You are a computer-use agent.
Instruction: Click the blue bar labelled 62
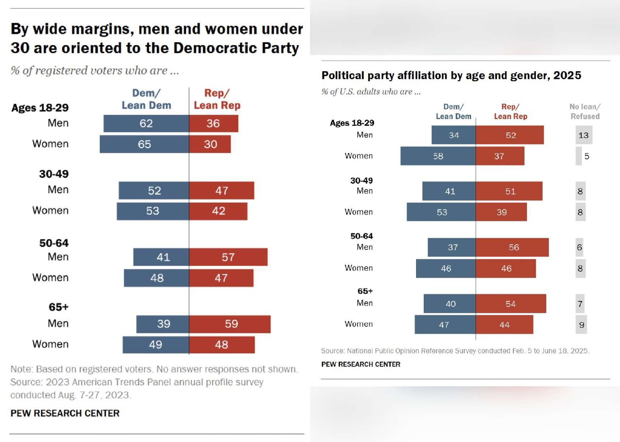146,123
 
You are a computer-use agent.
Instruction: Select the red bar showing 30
210,144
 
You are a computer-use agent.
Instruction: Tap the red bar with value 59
230,324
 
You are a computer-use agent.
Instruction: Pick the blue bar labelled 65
144,144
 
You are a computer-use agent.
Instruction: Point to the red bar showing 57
228,257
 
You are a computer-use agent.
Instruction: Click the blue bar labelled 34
453,135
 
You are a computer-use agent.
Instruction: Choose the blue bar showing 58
438,156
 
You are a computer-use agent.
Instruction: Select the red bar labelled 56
512,247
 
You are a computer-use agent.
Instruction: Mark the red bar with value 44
504,324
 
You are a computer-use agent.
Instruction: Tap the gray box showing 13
584,135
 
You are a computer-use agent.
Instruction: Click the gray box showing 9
581,324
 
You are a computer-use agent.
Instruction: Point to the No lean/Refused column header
585,111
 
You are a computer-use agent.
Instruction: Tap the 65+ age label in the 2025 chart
365,291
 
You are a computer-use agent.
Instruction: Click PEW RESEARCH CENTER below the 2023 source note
65,413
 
